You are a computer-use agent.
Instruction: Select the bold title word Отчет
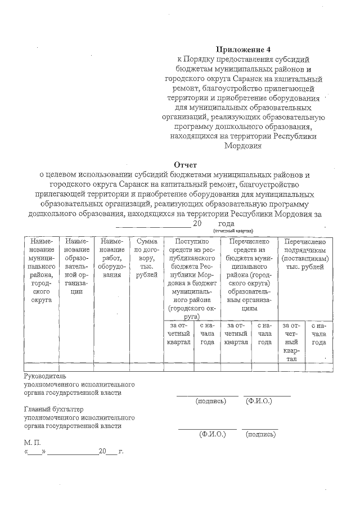pyautogui.click(x=184, y=165)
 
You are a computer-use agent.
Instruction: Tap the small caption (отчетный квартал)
pyautogui.click(x=233, y=231)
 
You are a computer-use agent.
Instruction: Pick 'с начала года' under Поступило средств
pyautogui.click(x=207, y=334)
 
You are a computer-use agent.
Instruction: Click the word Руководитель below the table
pyautogui.click(x=45, y=376)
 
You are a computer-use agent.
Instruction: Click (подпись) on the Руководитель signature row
pyautogui.click(x=210, y=401)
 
